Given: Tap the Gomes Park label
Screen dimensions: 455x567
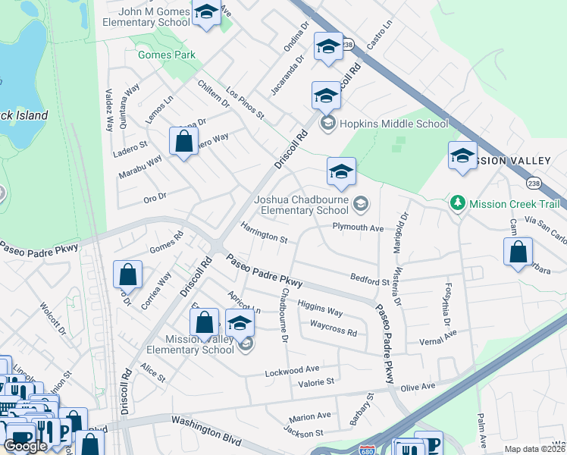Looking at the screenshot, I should pos(166,55).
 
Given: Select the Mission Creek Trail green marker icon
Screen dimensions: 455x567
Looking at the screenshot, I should pos(458,203).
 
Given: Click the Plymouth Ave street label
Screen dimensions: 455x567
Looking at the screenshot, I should pos(358,227).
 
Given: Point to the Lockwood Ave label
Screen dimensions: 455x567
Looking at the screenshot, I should pos(292,370).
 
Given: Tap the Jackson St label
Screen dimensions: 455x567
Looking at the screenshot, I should pos(302,433).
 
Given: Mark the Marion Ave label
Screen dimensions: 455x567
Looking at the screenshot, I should pos(309,416).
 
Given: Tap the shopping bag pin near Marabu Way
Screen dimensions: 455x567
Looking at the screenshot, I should pos(183,141).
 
